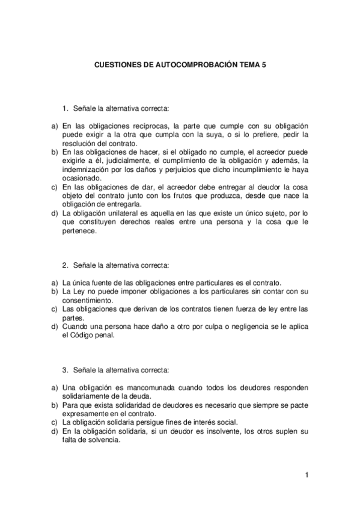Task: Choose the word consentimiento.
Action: click(x=88, y=300)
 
